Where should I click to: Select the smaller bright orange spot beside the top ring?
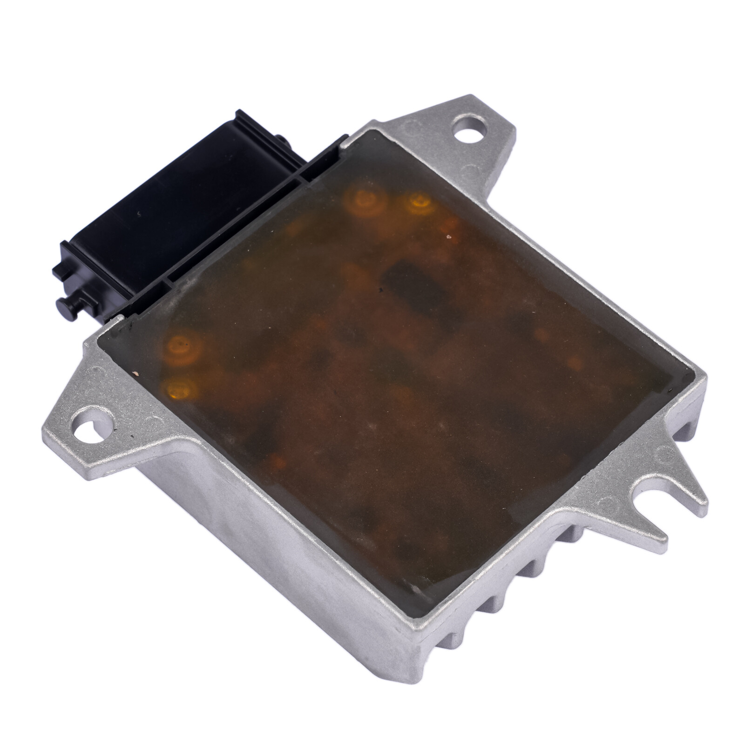tap(420, 202)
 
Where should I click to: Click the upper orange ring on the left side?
tap(180, 346)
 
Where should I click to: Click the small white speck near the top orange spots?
tap(448, 237)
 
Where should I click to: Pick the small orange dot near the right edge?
tap(575, 362)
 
